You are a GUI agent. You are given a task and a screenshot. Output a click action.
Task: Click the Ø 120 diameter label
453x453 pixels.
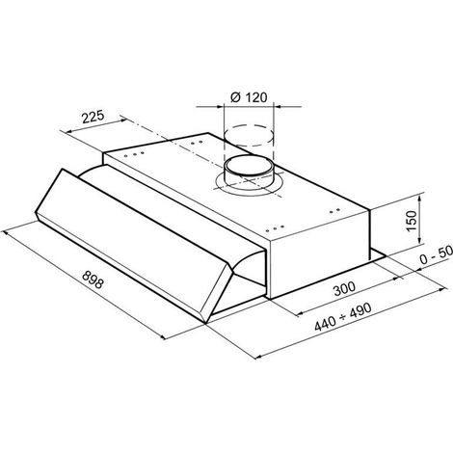(249, 97)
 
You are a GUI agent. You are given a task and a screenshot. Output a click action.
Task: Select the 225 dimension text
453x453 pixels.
(93, 117)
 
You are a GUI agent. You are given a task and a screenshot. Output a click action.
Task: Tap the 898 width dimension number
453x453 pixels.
(93, 280)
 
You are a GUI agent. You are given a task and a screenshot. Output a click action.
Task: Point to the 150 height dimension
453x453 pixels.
(412, 221)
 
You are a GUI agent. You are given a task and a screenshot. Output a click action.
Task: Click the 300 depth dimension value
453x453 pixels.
(344, 288)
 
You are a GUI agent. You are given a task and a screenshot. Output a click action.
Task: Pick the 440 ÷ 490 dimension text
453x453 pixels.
(343, 317)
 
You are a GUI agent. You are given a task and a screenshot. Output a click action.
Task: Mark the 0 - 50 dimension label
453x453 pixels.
(437, 254)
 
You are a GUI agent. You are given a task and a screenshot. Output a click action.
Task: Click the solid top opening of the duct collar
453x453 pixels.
(249, 165)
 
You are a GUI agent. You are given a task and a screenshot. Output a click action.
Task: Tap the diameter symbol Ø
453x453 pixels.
(235, 97)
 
